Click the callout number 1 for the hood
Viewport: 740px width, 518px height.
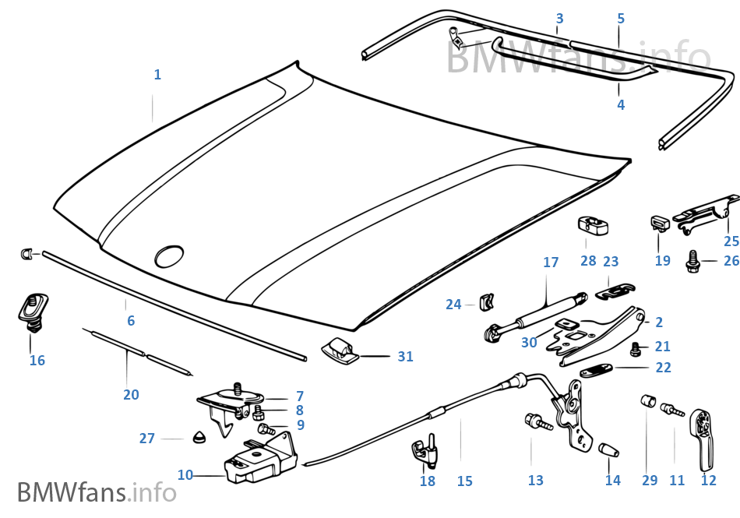[157, 75]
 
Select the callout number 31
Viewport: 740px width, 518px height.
[405, 357]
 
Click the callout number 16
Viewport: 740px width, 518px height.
[37, 360]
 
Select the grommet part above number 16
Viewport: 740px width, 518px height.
[32, 307]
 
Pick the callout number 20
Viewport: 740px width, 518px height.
[131, 395]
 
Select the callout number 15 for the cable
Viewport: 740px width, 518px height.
[464, 481]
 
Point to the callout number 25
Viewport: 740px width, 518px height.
[731, 241]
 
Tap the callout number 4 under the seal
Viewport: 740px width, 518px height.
[621, 104]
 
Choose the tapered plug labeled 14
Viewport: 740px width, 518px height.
[608, 451]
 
